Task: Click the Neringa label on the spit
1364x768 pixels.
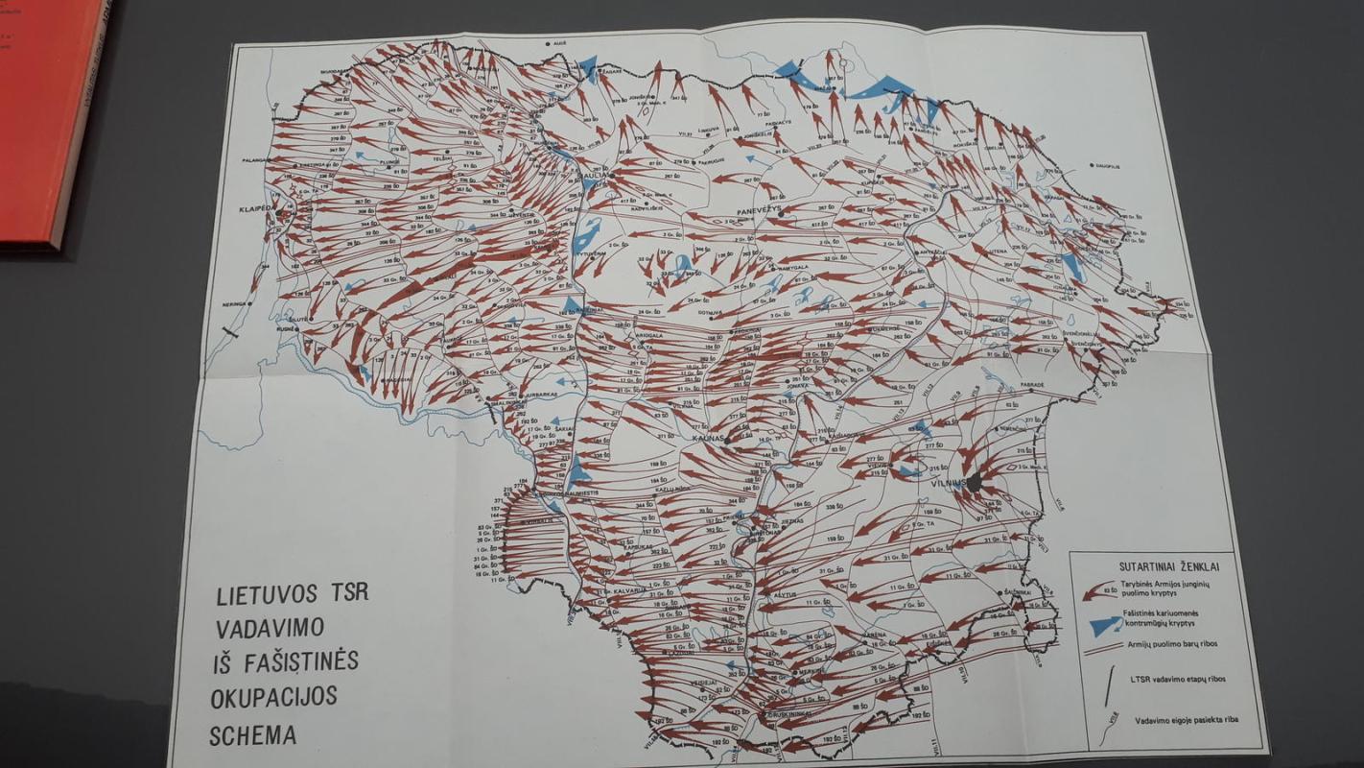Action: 236,302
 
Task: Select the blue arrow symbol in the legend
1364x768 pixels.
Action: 1107,626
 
